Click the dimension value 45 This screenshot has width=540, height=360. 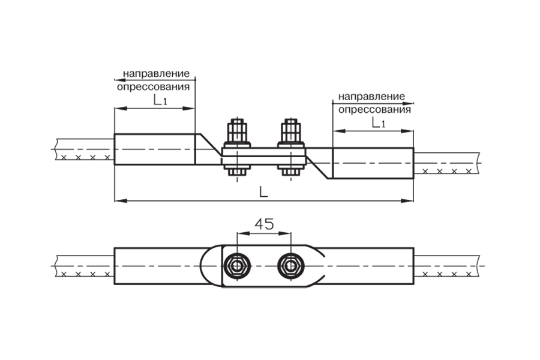(264, 224)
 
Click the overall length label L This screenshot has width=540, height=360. (263, 192)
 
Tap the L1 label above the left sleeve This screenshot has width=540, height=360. (160, 100)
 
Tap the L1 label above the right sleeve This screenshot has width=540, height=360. (379, 122)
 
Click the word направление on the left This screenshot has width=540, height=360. (157, 73)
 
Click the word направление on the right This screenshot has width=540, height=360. (371, 96)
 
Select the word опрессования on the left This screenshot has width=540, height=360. (153, 86)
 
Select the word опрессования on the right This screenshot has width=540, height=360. (374, 110)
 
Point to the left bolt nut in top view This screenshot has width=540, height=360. (237, 266)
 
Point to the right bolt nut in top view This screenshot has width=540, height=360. (291, 266)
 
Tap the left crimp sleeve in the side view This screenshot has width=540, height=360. (155, 149)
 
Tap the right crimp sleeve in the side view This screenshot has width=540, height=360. (373, 163)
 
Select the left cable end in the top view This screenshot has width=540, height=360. (85, 266)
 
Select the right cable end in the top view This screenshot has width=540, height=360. (446, 266)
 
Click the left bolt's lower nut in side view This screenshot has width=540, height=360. (237, 171)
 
